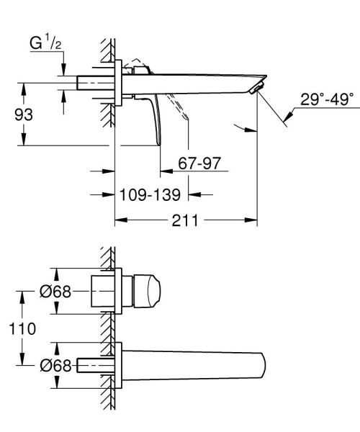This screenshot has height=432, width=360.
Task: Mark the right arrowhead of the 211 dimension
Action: point(253,220)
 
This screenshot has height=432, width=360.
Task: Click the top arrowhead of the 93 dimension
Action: point(25,87)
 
